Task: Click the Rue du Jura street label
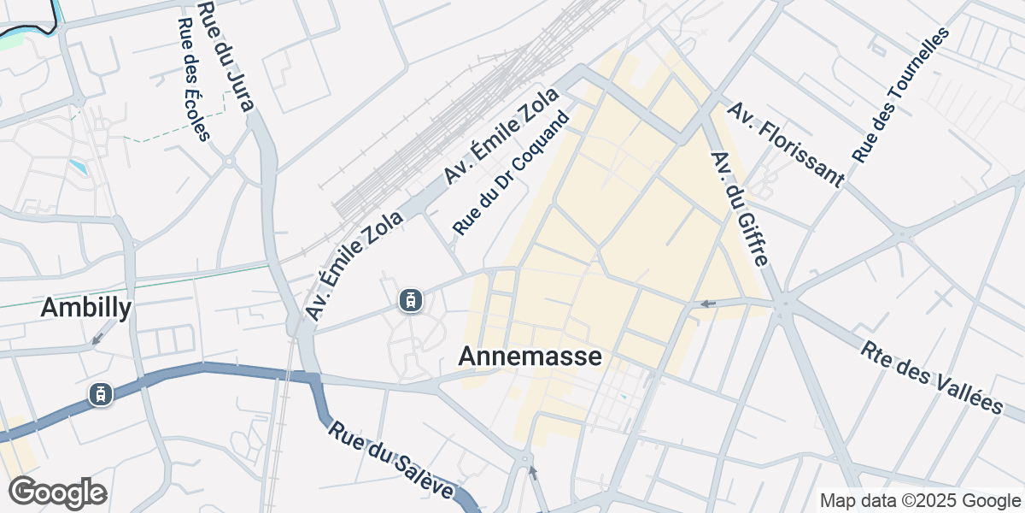pos(226,56)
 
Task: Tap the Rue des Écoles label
pos(192,80)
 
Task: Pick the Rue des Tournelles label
pos(901,95)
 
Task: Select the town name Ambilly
pos(86,308)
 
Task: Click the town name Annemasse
pos(530,357)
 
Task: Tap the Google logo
pos(57,493)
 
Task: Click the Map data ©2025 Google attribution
pos(920,500)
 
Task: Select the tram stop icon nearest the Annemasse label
pos(412,300)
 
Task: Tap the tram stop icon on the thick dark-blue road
pos(101,394)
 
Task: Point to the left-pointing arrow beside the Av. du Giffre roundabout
pos(708,304)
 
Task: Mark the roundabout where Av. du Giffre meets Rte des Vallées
pos(783,303)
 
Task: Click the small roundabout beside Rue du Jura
pos(229,160)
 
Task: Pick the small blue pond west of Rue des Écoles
pos(79,164)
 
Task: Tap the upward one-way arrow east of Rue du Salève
pos(534,471)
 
